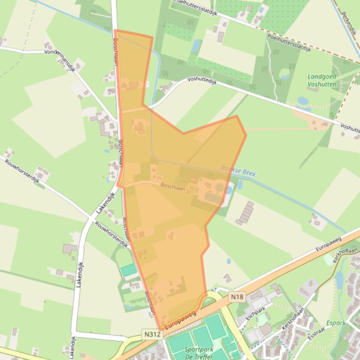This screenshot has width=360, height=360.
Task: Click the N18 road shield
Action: [x=237, y=296]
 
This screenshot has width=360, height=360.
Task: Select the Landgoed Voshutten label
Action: [x=322, y=80]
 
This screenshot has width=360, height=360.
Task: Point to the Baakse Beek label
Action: [x=238, y=171]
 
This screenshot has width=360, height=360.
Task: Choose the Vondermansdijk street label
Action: [x=60, y=59]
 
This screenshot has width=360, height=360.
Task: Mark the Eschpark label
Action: [x=256, y=313]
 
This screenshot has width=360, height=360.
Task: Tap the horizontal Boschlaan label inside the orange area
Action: [x=173, y=187]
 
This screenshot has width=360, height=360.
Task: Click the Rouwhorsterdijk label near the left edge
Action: [x=22, y=173]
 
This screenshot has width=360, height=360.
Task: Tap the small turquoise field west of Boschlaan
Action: [x=129, y=270]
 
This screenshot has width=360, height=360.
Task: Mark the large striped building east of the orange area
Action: [x=244, y=213]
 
